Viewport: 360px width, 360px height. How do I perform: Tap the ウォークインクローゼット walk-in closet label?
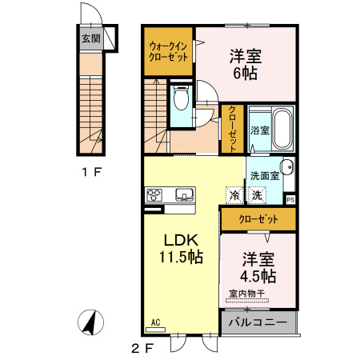coord(169,52)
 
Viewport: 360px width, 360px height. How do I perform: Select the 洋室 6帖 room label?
coord(246,64)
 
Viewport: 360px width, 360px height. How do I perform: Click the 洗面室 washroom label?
coord(263,175)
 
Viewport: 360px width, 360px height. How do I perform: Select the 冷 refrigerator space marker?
coord(234,194)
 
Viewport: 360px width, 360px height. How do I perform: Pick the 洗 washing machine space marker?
coord(256,194)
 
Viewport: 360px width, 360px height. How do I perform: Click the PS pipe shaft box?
coord(290,199)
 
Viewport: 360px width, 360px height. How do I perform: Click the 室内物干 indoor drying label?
coord(247,294)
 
